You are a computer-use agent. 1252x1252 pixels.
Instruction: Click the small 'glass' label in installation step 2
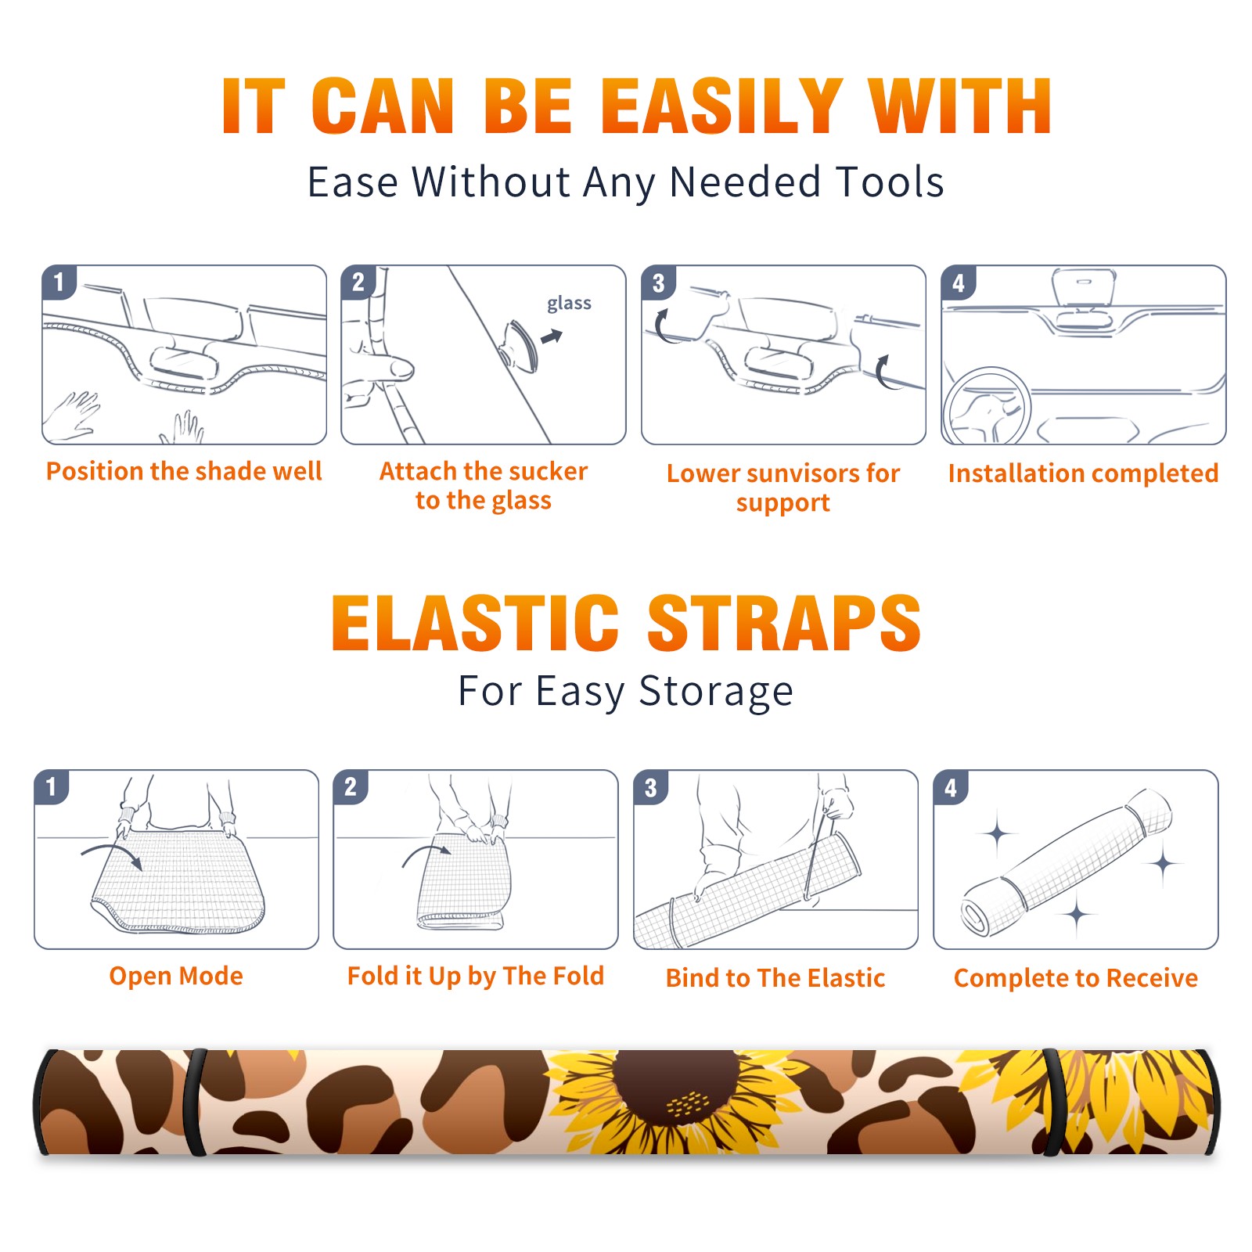click(569, 304)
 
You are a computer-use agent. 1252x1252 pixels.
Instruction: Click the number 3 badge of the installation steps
click(658, 282)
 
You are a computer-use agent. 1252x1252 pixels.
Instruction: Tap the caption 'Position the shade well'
click(184, 471)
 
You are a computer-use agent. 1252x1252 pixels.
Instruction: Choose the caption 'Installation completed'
click(1083, 473)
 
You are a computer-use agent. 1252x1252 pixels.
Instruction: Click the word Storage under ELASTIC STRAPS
click(716, 691)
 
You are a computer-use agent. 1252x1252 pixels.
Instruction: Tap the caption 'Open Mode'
click(176, 976)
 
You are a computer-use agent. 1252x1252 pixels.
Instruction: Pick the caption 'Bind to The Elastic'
click(775, 977)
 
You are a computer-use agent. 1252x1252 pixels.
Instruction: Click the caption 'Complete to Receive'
click(1076, 978)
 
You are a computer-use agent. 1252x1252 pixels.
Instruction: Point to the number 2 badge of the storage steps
click(351, 786)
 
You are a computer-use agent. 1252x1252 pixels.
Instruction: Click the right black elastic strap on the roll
click(1051, 1102)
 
